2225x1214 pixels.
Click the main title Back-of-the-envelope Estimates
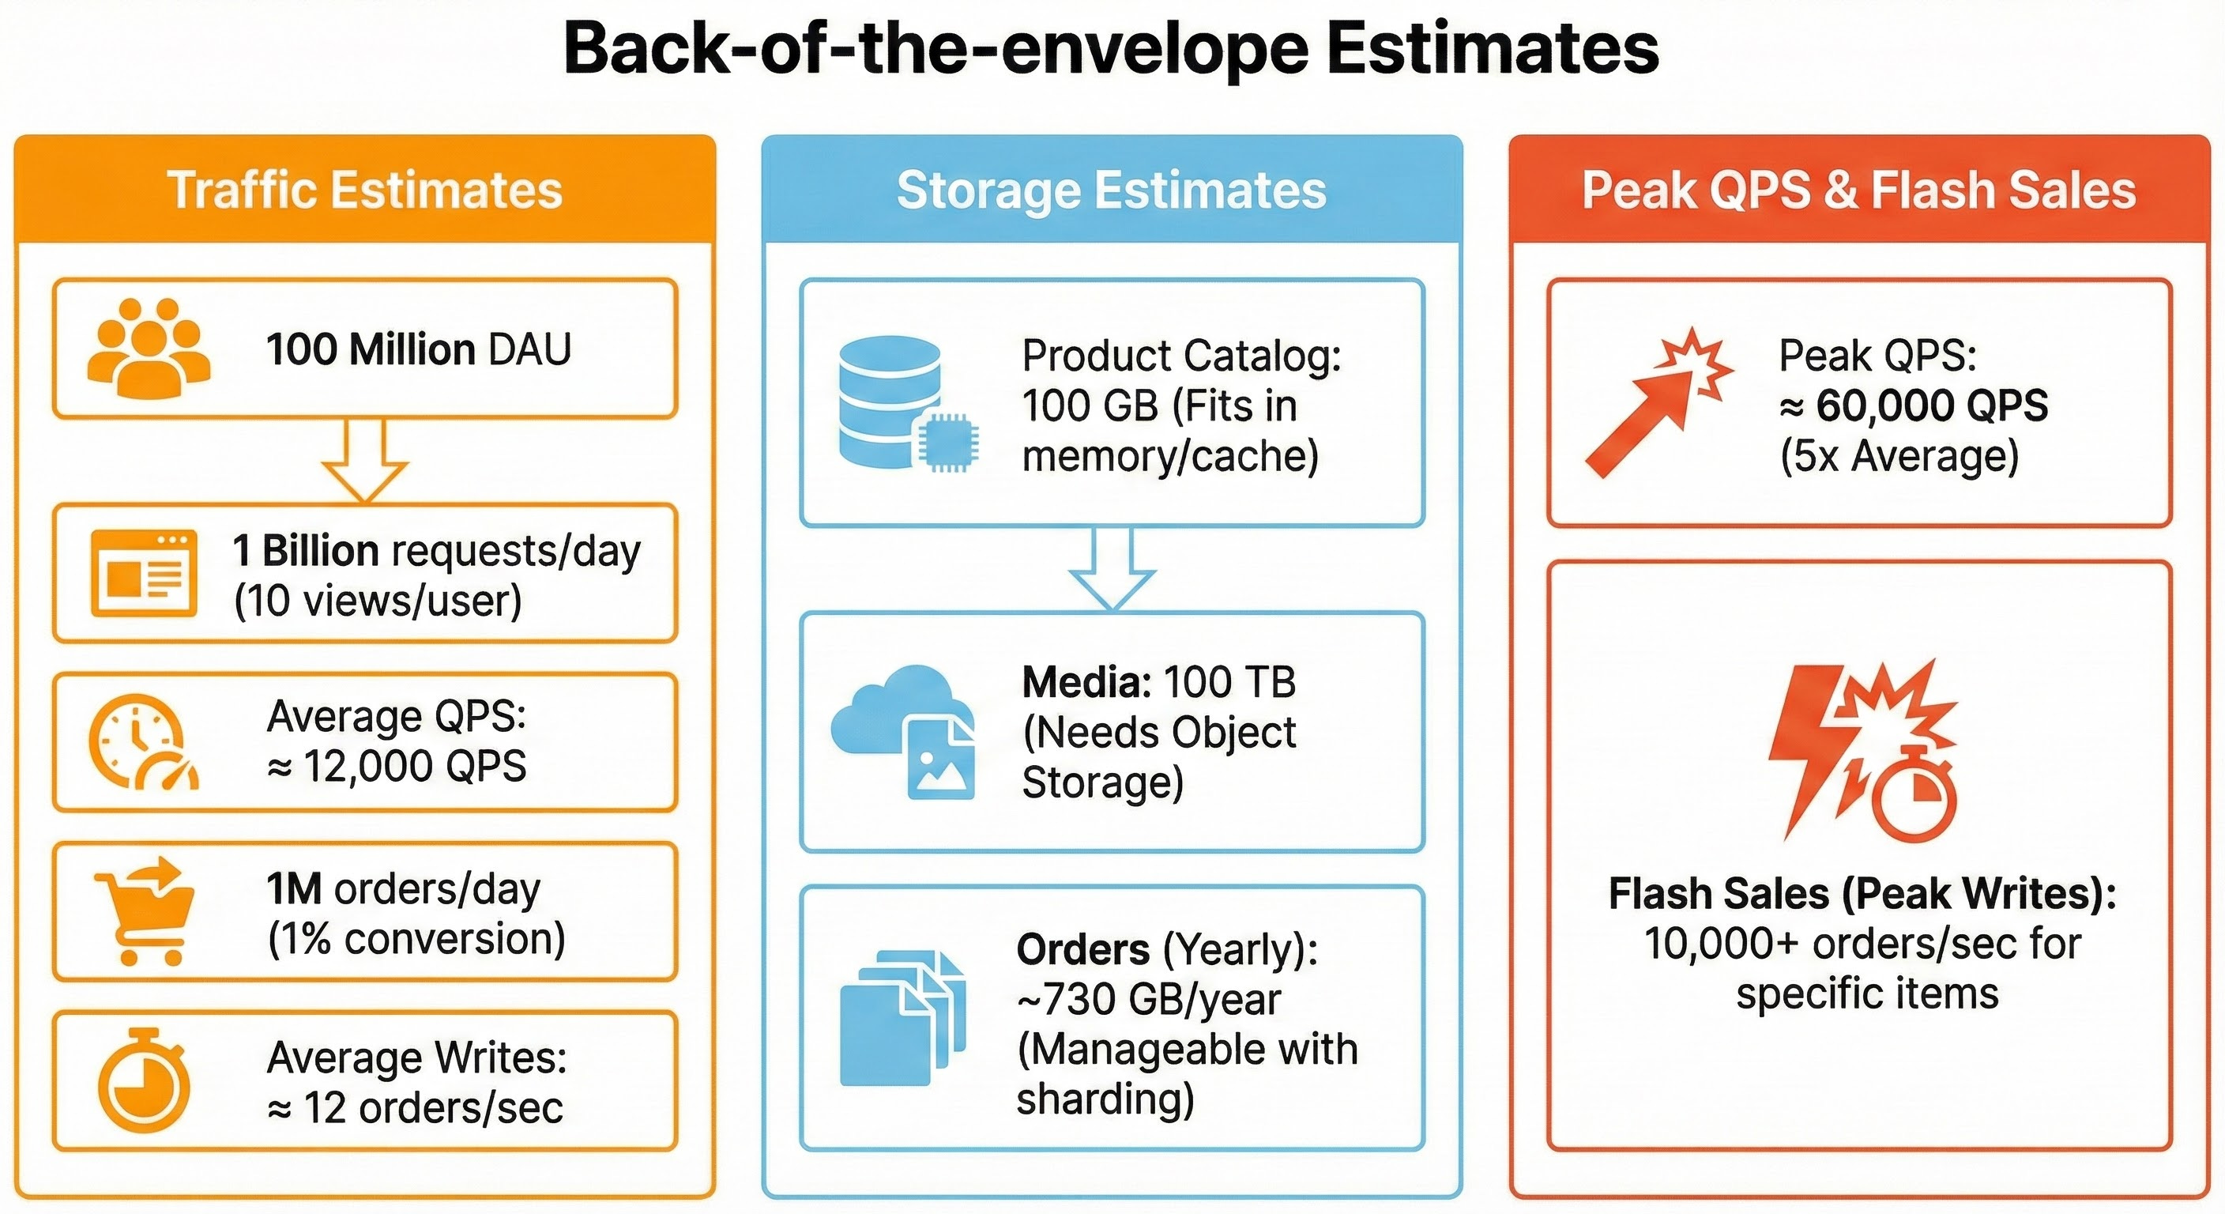tap(1111, 48)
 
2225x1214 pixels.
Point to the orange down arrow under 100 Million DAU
tap(364, 461)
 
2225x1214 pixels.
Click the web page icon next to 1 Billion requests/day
tap(145, 573)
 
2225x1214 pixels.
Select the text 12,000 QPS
tap(415, 766)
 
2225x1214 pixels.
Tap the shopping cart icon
tap(145, 910)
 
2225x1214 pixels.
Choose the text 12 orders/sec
tap(433, 1108)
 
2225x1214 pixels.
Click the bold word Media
tap(1086, 683)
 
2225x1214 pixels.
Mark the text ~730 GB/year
tap(1149, 1000)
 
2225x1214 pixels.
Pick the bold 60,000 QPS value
tap(1931, 405)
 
